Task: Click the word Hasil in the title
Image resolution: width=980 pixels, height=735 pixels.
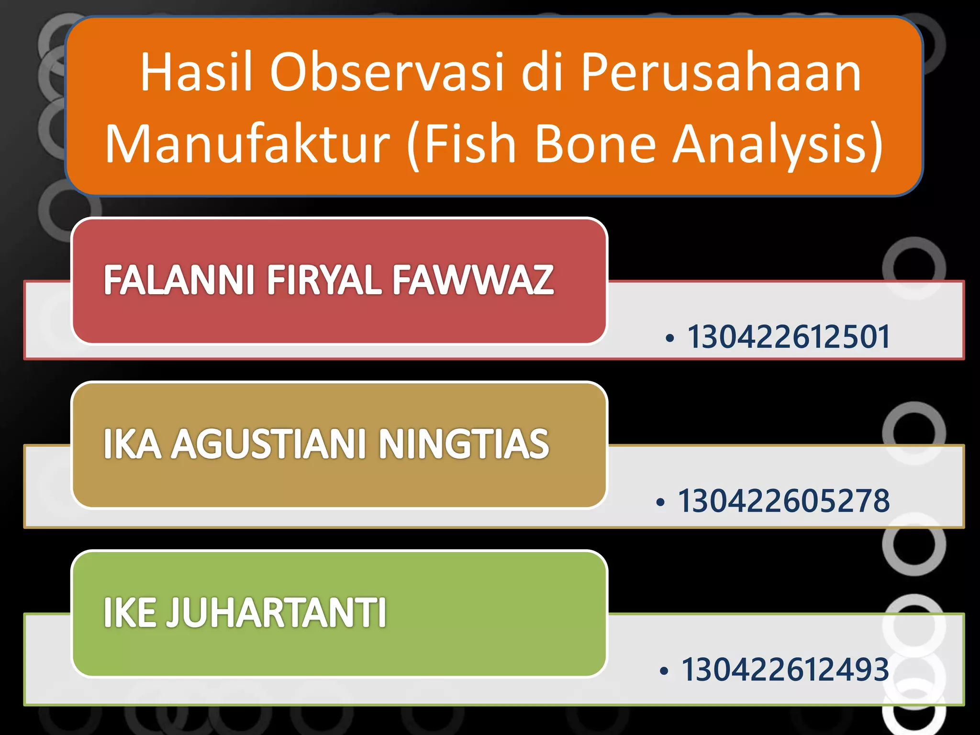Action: [x=196, y=73]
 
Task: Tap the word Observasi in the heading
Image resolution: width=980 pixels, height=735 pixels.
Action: [x=387, y=73]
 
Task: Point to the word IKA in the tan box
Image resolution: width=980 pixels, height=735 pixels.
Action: [x=132, y=445]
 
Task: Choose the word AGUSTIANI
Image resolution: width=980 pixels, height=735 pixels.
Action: [x=270, y=445]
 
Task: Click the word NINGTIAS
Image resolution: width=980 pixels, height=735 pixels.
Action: [x=464, y=445]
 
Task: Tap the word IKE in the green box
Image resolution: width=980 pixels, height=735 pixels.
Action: [x=130, y=613]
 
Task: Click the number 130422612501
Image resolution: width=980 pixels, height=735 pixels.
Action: [x=789, y=337]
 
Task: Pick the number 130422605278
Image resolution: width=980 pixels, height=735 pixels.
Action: [x=784, y=501]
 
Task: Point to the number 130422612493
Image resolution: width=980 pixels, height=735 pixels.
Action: [x=785, y=669]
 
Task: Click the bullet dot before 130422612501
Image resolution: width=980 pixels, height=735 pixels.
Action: [x=670, y=339]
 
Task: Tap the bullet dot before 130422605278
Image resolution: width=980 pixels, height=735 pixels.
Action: [x=661, y=503]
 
